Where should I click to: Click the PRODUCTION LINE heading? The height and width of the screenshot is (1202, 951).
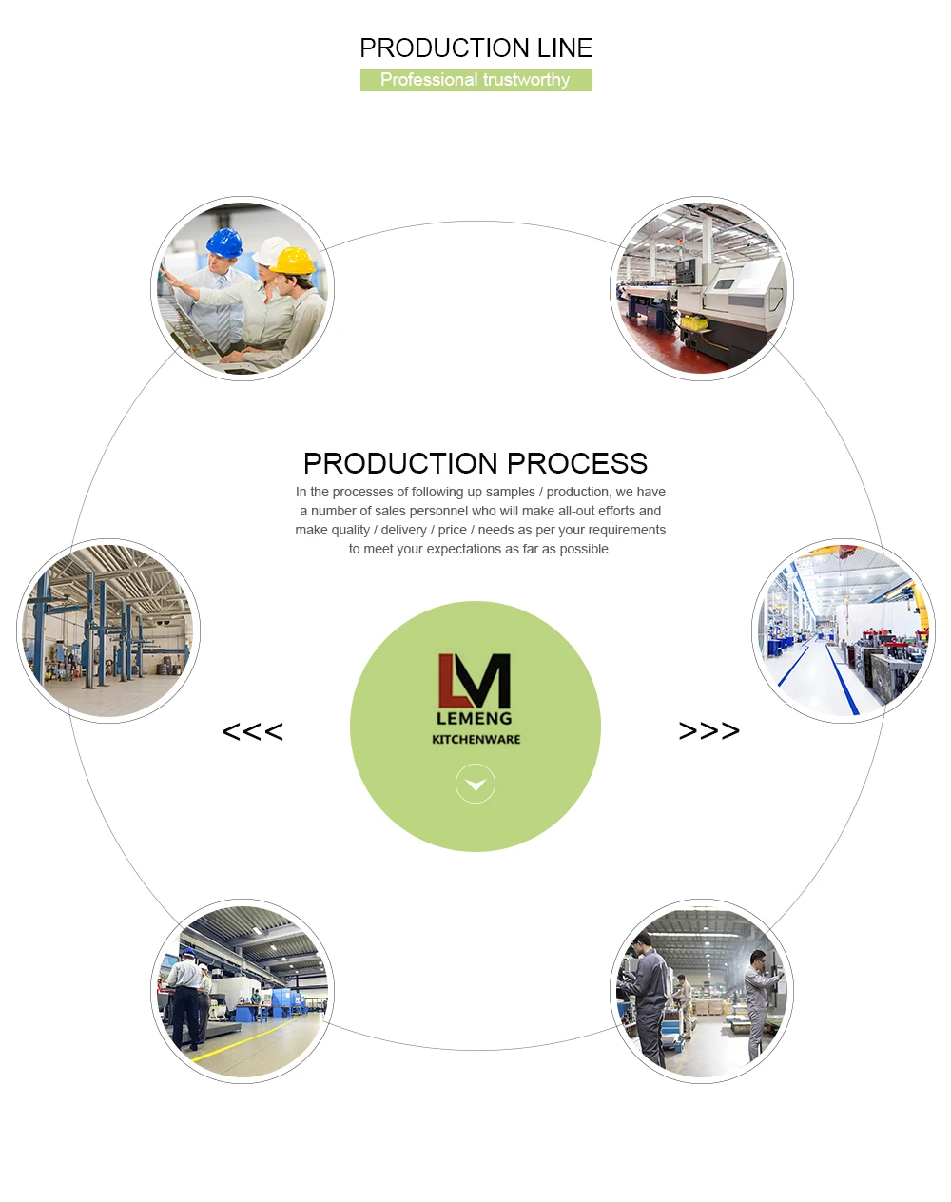point(475,48)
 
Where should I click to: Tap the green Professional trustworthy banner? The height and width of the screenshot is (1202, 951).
point(475,80)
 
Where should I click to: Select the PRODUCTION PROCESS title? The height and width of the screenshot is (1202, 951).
point(475,463)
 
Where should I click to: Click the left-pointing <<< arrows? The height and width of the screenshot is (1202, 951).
point(252,731)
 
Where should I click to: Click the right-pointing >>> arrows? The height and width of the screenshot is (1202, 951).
point(708,730)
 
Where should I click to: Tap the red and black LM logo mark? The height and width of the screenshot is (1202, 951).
point(475,680)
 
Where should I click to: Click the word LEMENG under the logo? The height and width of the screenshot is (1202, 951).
point(474,719)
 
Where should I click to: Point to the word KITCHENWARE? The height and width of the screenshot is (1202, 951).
point(475,740)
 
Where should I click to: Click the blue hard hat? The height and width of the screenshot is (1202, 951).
point(224,242)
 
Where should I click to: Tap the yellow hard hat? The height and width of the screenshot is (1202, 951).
point(294,260)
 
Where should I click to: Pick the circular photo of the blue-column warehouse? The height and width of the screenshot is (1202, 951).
point(108,631)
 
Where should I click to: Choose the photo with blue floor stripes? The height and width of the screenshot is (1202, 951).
point(843,631)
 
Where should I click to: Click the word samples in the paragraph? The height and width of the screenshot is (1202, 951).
point(511,492)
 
